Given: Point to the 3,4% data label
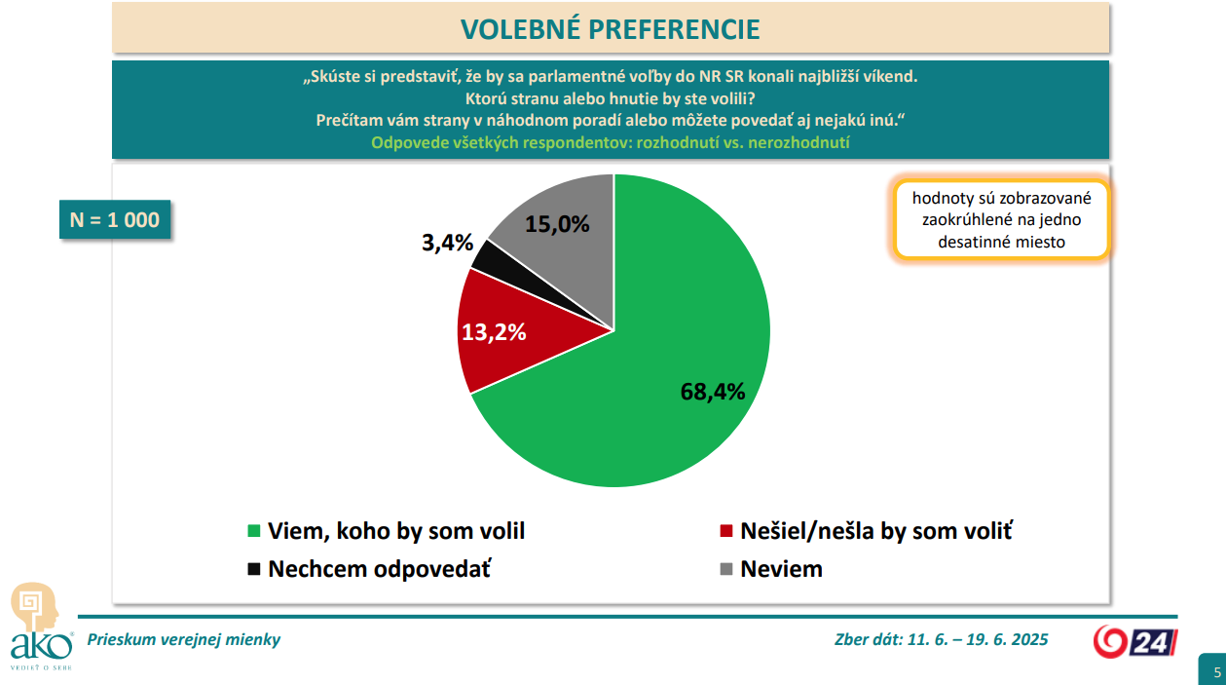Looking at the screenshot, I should point(447,244).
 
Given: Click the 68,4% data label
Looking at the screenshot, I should point(713,392).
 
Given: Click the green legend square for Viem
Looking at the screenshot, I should point(254,531).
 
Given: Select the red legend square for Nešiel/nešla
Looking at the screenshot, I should point(725,531).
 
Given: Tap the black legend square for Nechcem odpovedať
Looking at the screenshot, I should point(254,569).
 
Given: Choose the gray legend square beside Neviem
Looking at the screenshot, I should point(725,569).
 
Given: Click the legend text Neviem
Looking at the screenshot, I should point(781,569).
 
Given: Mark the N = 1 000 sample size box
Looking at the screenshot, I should point(115,220).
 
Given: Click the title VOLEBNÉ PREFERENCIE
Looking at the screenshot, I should point(611,29).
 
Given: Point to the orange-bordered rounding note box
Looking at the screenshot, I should point(1001,220).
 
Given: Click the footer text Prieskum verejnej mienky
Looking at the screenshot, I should point(184,640).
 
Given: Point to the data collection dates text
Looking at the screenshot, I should point(941,640).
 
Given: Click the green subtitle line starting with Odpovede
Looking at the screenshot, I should point(611,142).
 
